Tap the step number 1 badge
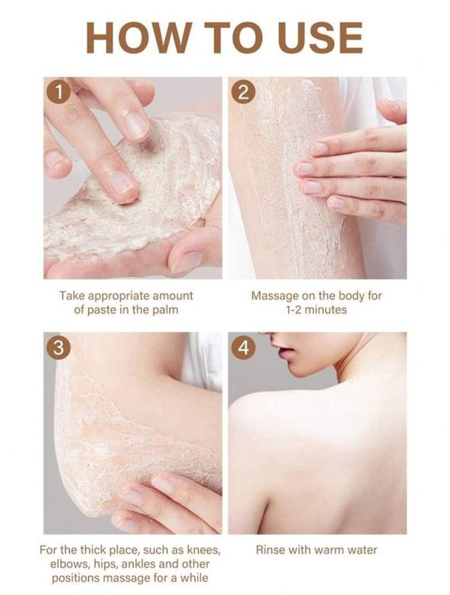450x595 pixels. (x=58, y=91)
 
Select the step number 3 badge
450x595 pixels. (x=58, y=347)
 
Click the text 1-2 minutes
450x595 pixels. (x=316, y=309)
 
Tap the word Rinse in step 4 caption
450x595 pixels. (x=271, y=550)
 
